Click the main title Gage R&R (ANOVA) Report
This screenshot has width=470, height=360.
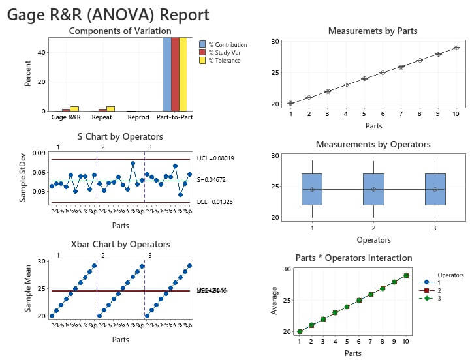[x=108, y=15]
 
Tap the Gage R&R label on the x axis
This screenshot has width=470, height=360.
[x=66, y=118]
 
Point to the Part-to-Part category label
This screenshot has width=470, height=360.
[x=175, y=118]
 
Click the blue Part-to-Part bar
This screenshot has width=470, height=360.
[x=166, y=74]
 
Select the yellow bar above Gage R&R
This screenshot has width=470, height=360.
[x=74, y=108]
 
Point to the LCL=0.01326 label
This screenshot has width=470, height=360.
[x=215, y=203]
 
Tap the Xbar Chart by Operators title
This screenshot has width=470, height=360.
[x=120, y=245]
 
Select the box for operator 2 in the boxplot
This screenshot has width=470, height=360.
[x=373, y=189]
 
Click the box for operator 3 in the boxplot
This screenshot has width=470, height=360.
[x=435, y=189]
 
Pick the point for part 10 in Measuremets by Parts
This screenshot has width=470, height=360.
[x=457, y=48]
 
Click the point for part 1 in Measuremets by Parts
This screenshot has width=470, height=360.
[x=290, y=103]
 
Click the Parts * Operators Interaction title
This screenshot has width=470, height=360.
[x=353, y=258]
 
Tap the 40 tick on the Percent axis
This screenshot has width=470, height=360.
[x=41, y=52]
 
